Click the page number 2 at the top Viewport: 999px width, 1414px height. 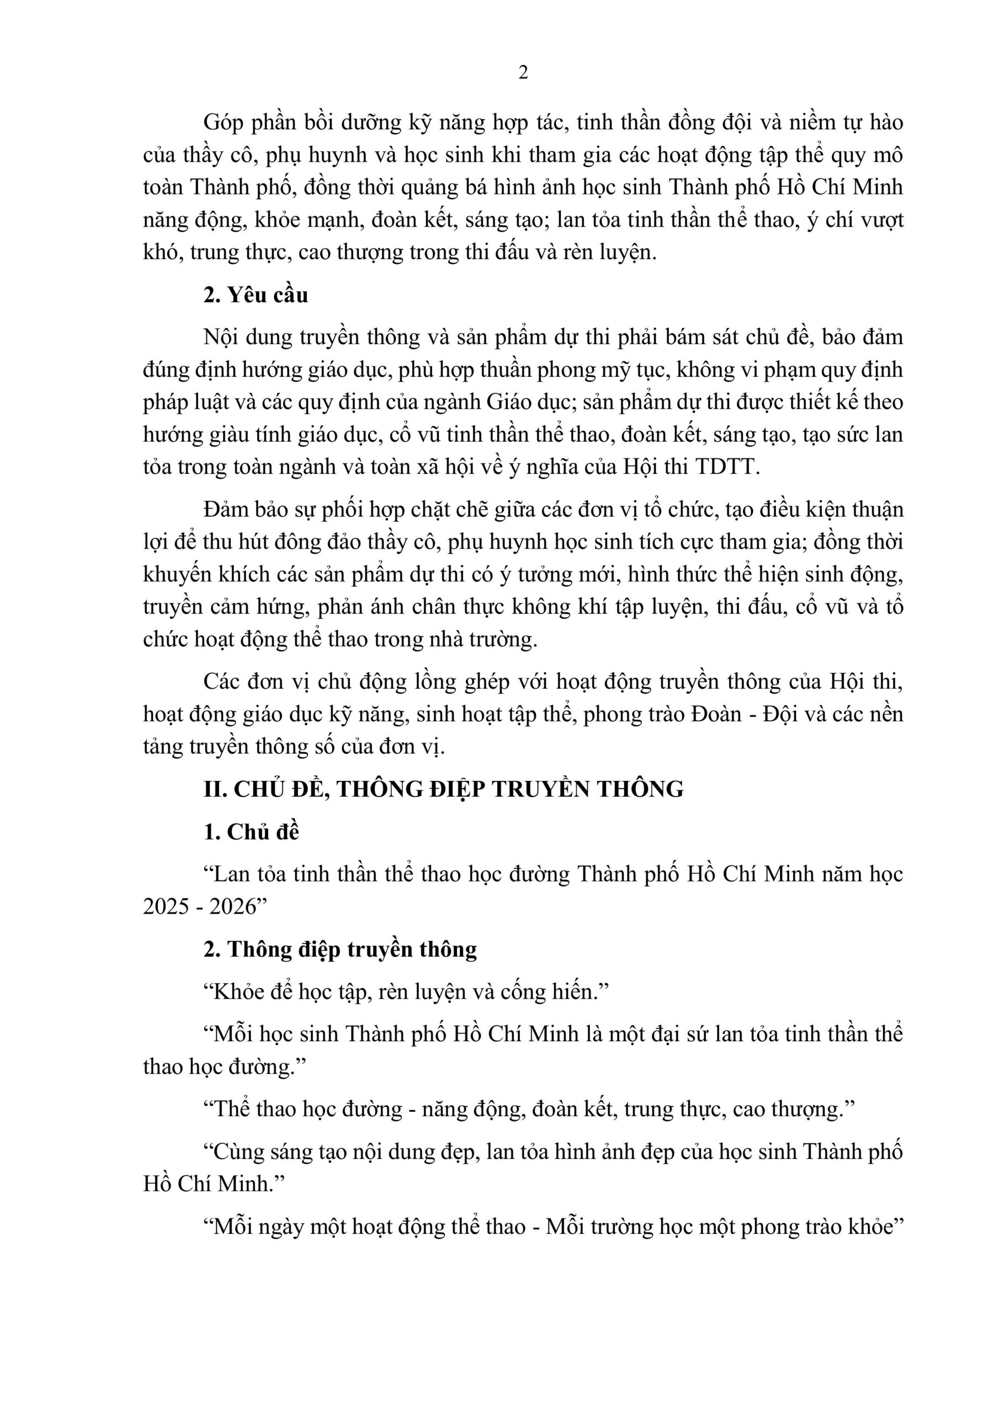(523, 73)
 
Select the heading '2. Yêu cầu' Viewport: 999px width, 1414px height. (256, 296)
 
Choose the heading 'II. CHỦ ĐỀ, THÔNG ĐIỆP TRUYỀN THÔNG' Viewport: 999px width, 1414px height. (443, 789)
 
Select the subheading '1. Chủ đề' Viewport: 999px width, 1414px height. (251, 832)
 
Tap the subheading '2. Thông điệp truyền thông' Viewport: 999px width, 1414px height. (340, 949)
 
